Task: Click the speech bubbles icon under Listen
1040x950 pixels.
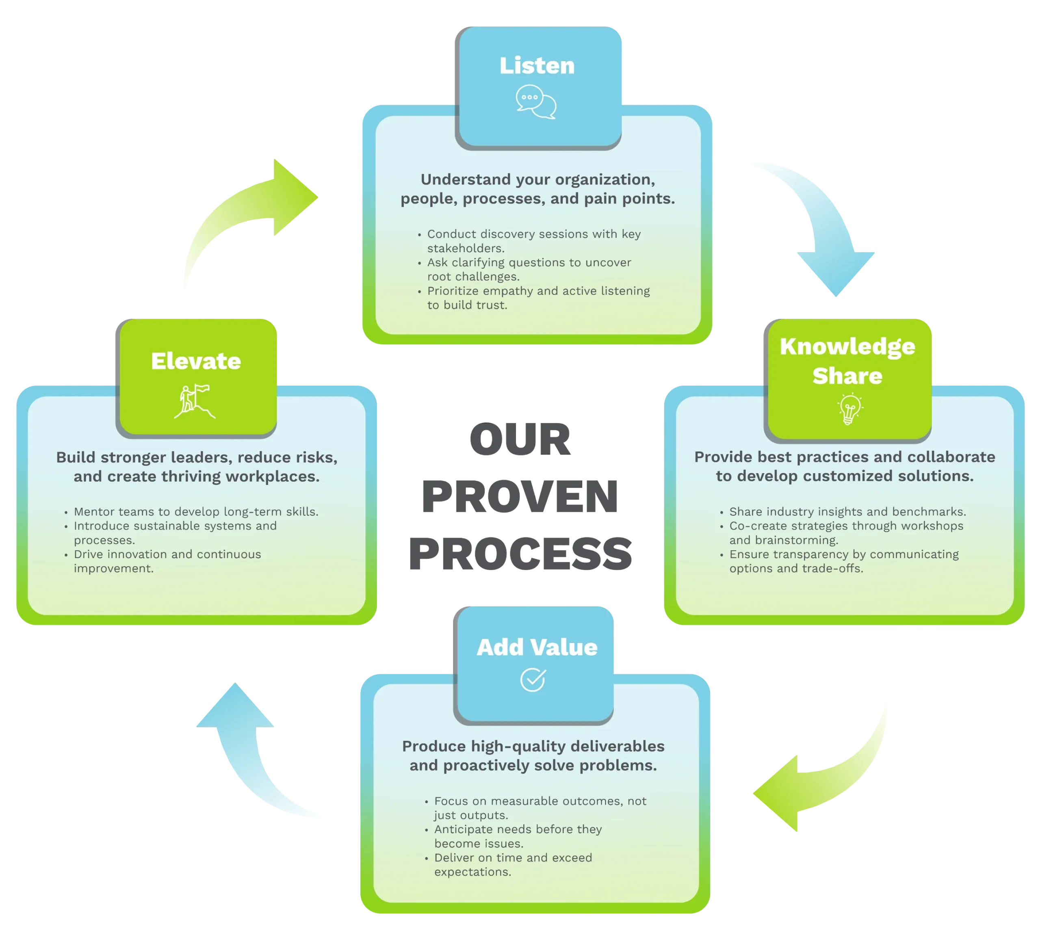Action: tap(536, 102)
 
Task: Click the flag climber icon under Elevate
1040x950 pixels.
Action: tap(195, 401)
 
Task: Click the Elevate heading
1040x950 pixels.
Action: tap(196, 361)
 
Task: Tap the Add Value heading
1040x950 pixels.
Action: tap(537, 647)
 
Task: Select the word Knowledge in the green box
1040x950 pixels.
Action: tap(847, 346)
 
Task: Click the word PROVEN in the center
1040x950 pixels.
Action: tap(520, 496)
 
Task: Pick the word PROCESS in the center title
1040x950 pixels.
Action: tap(521, 554)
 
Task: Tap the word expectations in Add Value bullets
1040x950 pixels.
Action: tap(472, 872)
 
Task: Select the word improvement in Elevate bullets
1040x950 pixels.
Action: tap(113, 568)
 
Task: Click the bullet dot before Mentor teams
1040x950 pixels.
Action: tap(66, 513)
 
